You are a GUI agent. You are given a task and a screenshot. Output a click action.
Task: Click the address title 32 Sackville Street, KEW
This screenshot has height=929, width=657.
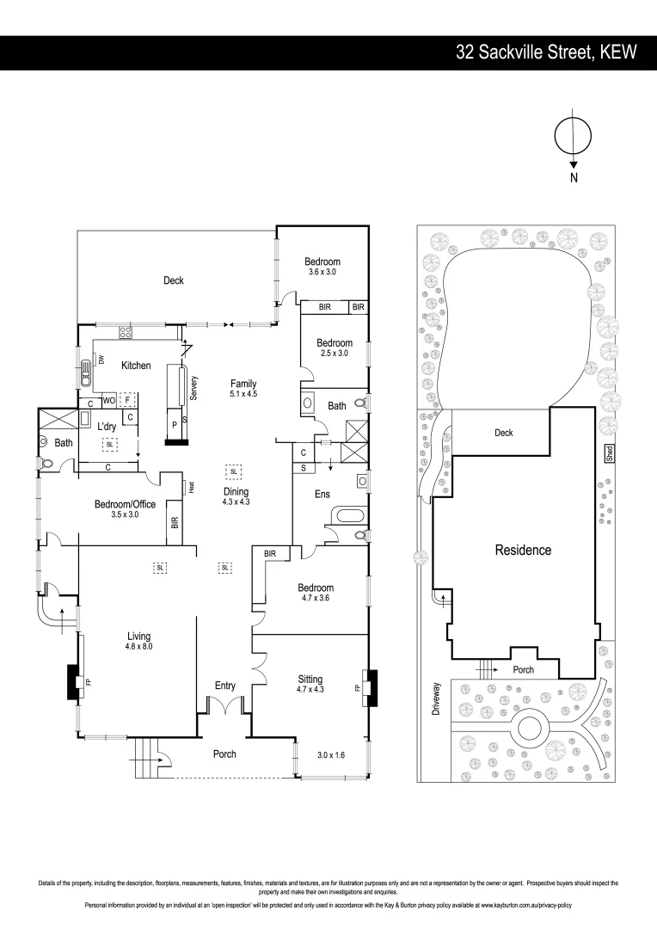546,52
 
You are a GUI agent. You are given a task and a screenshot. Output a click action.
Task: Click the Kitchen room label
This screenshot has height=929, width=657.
136,366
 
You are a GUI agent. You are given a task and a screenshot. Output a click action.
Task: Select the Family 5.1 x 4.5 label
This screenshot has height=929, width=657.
243,389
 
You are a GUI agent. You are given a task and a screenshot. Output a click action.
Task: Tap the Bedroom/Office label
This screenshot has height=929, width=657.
126,509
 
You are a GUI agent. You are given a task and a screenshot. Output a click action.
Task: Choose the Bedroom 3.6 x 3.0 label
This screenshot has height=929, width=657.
322,267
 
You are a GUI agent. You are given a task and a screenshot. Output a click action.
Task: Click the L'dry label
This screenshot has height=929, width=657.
107,427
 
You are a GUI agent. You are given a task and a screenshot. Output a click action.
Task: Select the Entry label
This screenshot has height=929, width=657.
224,686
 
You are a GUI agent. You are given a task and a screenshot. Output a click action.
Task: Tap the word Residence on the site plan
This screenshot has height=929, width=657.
523,550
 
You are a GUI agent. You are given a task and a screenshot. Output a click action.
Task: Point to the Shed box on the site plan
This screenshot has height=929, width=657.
609,453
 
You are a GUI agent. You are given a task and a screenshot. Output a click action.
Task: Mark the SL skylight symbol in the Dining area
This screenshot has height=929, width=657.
233,471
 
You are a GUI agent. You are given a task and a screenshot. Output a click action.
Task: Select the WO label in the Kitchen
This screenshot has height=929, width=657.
109,400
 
